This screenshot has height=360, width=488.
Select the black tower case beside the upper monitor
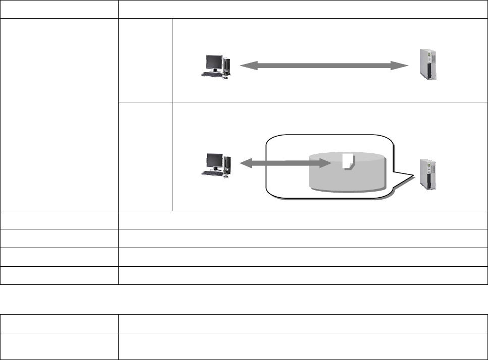click(227, 65)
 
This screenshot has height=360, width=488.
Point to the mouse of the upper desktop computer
click(225, 77)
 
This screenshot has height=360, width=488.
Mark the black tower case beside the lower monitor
click(227, 163)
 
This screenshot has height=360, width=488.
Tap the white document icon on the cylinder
click(347, 161)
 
